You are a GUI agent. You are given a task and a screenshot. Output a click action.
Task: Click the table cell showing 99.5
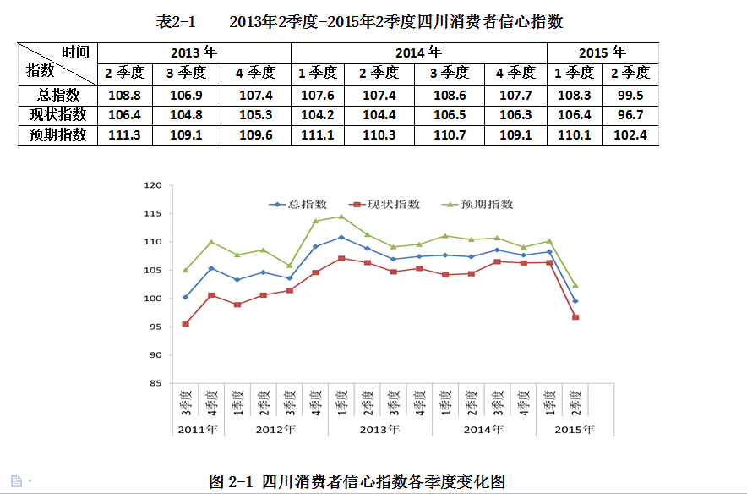[630, 95]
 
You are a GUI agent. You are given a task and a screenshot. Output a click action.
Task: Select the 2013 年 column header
[194, 52]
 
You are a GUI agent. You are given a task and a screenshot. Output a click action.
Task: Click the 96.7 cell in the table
[630, 114]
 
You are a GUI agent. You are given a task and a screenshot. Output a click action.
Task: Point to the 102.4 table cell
[630, 134]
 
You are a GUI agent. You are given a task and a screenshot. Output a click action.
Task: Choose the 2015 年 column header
[602, 52]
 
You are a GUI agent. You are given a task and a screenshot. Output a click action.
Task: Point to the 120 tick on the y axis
[152, 185]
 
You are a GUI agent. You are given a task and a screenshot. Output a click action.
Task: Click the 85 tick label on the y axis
[155, 383]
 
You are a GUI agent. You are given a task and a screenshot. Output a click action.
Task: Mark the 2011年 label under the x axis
[198, 430]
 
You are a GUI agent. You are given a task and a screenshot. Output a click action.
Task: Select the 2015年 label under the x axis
[575, 430]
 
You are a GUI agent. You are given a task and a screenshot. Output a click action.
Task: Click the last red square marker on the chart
[575, 317]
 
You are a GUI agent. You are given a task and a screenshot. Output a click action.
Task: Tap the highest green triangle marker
[341, 217]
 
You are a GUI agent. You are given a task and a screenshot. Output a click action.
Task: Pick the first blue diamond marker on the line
[185, 297]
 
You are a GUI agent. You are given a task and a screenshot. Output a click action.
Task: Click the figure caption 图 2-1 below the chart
[357, 482]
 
